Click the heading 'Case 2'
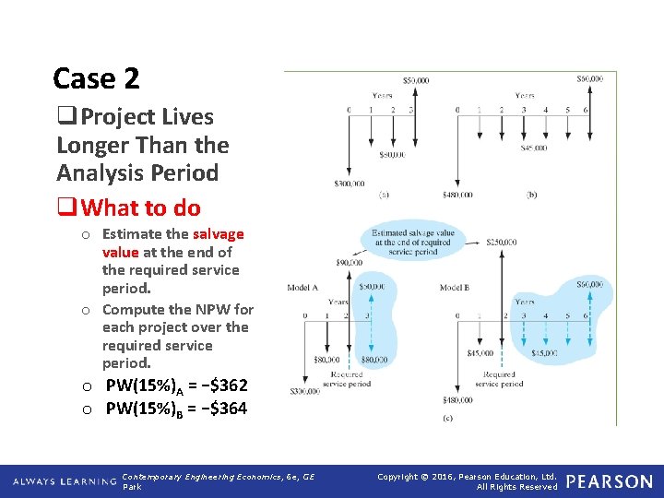tap(96, 79)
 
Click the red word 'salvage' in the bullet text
tap(219, 234)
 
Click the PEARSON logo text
tap(609, 481)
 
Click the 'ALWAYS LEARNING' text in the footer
tap(65, 481)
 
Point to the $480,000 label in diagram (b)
tap(456, 195)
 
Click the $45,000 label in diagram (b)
tap(532, 148)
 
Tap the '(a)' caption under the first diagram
tap(383, 195)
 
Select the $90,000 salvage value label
tap(350, 263)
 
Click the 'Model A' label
tap(303, 288)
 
